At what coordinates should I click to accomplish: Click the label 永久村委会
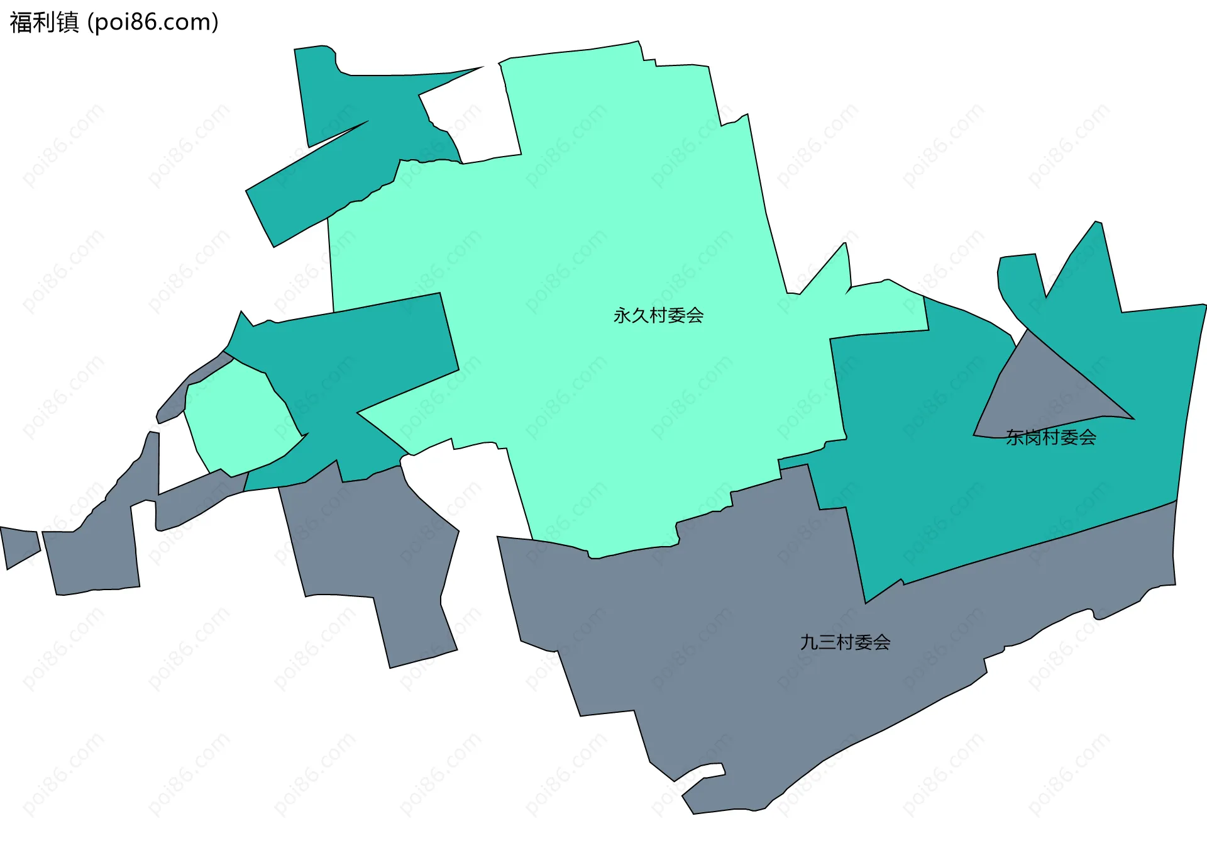pos(658,315)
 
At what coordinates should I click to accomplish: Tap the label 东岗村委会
pos(1050,437)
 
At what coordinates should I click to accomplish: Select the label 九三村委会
pos(845,642)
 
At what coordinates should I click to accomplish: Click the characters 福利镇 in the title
pos(44,22)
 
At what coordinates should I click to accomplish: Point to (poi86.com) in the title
pos(153,22)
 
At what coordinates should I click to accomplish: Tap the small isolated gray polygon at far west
pos(19,545)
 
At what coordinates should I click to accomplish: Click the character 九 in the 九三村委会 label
pos(808,642)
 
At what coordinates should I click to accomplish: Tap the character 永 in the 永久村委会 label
pos(622,315)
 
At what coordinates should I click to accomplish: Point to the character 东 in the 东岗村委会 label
pos(1014,437)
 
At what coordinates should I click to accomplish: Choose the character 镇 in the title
pos(67,22)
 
